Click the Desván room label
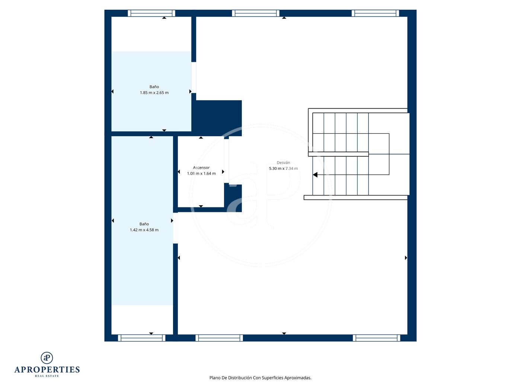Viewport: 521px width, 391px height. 283,163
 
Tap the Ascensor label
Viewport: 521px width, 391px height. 201,168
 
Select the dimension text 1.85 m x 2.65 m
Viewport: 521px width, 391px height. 154,93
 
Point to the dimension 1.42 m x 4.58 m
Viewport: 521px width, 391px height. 144,230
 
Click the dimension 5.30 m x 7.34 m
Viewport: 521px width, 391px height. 283,169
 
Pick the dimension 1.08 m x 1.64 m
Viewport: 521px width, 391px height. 201,174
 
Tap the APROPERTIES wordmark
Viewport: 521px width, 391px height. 47,370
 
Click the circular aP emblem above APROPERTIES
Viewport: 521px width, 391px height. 47,358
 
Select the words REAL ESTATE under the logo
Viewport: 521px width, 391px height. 47,376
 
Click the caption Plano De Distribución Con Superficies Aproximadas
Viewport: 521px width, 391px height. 260,378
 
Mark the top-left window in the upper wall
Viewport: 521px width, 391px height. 151,13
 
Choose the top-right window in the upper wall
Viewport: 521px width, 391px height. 375,13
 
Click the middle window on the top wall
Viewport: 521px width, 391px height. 256,13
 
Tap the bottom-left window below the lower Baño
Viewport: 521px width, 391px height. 142,338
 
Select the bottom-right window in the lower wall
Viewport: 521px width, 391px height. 377,338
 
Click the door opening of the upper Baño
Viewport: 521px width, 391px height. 194,77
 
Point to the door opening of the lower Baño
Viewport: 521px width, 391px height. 175,228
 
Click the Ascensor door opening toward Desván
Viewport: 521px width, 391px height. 226,161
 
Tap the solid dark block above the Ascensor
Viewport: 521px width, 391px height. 217,118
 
